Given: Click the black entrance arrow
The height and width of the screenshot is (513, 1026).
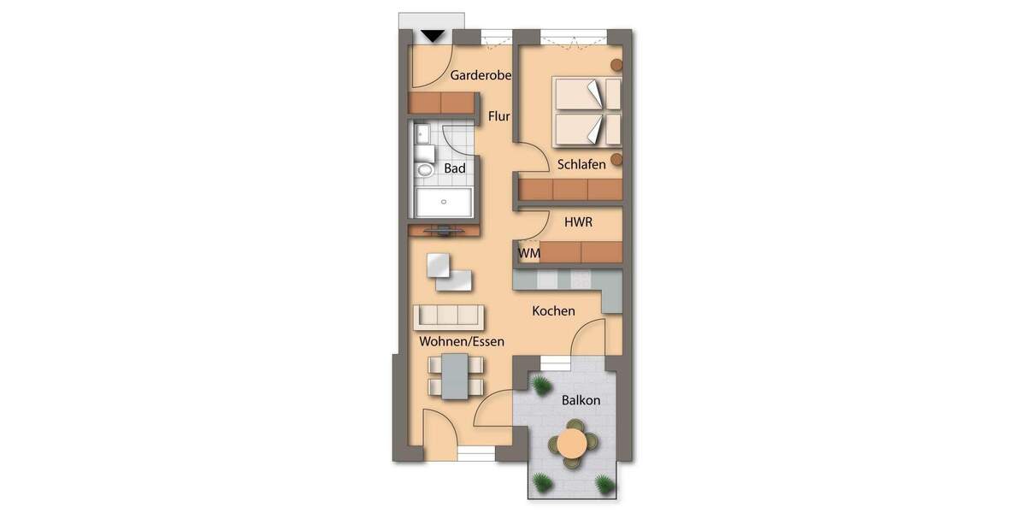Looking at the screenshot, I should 433,36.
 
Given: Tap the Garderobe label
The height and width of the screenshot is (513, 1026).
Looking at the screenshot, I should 481,75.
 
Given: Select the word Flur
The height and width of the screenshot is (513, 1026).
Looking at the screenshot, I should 499,116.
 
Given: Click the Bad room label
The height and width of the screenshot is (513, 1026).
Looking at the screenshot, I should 455,168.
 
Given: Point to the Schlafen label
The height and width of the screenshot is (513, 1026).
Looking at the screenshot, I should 581,163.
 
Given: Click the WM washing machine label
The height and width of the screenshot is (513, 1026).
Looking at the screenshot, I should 528,253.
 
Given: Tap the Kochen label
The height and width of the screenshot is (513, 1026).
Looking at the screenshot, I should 553,311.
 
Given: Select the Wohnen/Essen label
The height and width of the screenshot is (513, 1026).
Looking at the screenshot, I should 462,341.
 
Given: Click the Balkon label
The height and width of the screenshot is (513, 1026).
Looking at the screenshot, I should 581,400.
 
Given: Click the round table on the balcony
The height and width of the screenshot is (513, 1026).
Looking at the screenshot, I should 571,444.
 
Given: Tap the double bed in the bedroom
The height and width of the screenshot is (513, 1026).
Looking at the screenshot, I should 587,111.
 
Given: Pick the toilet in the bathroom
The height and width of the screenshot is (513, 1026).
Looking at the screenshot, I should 425,170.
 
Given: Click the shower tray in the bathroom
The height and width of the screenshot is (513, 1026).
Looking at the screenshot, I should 445,203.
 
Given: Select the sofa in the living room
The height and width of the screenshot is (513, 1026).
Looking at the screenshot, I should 448,316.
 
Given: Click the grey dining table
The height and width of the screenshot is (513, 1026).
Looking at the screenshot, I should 456,375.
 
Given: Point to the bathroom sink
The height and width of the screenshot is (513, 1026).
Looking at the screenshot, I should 422,133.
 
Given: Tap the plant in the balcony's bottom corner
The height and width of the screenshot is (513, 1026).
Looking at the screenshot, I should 604,484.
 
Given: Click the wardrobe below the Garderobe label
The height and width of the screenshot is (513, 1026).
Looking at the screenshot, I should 441,103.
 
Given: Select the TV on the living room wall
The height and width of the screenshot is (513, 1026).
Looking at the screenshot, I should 445,229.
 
